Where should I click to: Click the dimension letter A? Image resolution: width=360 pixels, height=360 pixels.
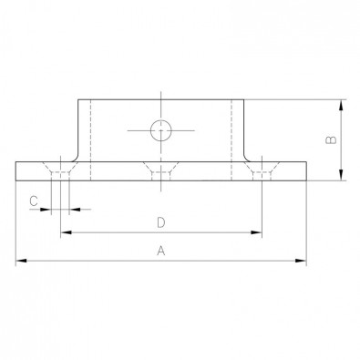click(161, 251)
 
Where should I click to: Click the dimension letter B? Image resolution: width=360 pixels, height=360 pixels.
click(331, 139)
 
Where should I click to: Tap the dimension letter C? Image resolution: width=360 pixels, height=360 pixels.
click(34, 201)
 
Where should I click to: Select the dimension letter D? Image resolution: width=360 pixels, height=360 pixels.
click(161, 222)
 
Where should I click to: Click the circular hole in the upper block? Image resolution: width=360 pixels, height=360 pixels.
click(161, 130)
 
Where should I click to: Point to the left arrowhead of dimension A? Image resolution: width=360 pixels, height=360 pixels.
click(21, 261)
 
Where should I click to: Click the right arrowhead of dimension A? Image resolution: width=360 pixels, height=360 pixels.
click(301, 261)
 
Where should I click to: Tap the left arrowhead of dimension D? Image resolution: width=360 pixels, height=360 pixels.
click(67, 232)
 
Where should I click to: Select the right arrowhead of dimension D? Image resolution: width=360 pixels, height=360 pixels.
click(256, 232)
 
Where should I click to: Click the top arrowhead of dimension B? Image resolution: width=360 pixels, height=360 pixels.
click(341, 106)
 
